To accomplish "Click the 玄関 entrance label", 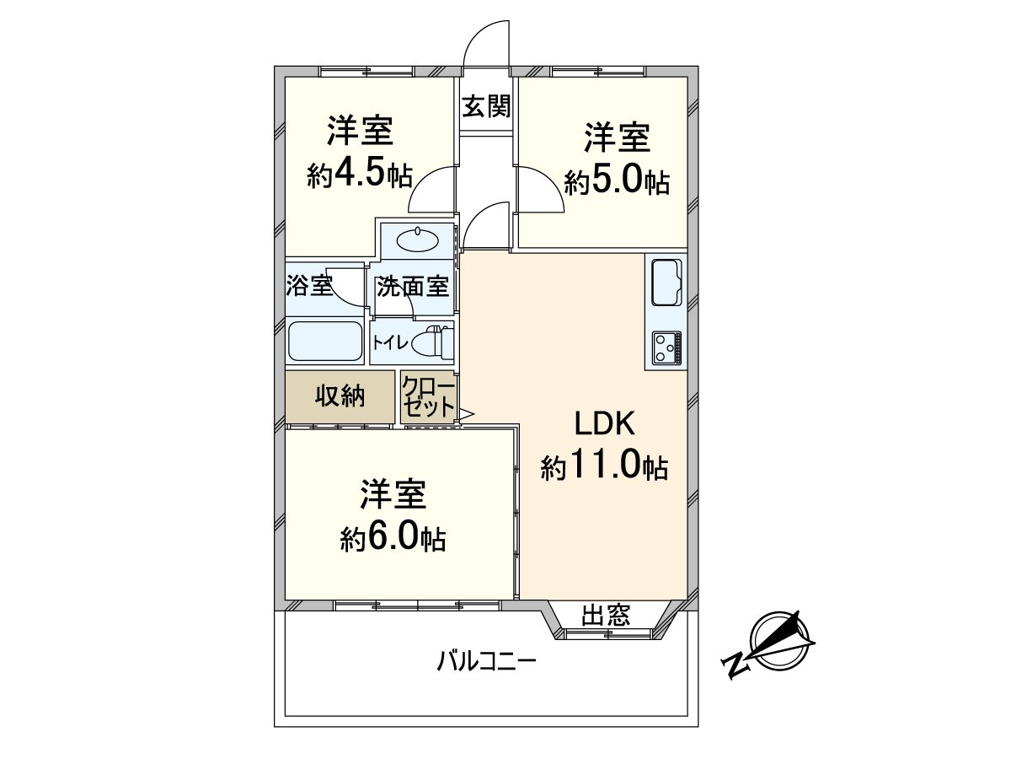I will [486, 106].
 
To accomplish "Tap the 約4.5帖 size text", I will [360, 175].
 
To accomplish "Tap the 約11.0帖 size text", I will [604, 466].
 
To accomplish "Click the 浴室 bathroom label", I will [309, 286].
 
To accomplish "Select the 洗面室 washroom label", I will [412, 287].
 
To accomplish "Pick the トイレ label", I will [390, 342].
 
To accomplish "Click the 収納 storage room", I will [340, 397].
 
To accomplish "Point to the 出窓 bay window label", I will [606, 616].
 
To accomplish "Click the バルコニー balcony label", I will [486, 659].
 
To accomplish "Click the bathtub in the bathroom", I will [325, 342].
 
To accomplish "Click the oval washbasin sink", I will [418, 241].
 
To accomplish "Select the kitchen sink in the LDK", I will [667, 283].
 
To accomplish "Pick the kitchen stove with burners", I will [666, 348].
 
